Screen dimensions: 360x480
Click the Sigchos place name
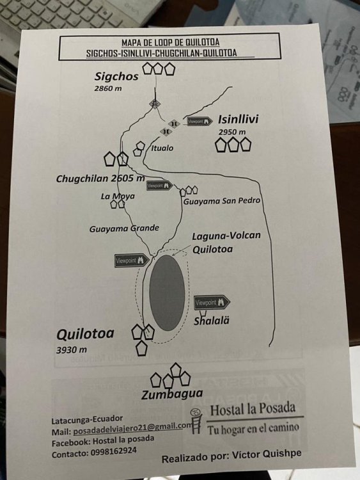click(116, 77)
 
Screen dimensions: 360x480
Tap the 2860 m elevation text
click(107, 88)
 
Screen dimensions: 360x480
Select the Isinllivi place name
click(238, 119)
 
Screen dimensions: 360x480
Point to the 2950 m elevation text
click(232, 132)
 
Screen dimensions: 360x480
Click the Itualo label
click(162, 148)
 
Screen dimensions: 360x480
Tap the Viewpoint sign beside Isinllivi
click(200, 122)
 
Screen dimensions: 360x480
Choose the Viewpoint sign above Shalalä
click(212, 303)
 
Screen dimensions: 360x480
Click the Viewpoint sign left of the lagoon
click(132, 260)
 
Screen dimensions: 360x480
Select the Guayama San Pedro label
click(222, 201)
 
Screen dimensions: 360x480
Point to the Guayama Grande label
click(124, 228)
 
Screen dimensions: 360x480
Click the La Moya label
click(118, 196)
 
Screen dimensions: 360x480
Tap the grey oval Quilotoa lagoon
click(167, 293)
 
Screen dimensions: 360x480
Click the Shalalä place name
click(212, 321)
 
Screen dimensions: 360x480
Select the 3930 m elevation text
click(71, 349)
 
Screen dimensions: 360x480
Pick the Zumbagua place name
click(172, 394)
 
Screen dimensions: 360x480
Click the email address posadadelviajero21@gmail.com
click(134, 429)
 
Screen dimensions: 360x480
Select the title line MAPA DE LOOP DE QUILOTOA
click(170, 42)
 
